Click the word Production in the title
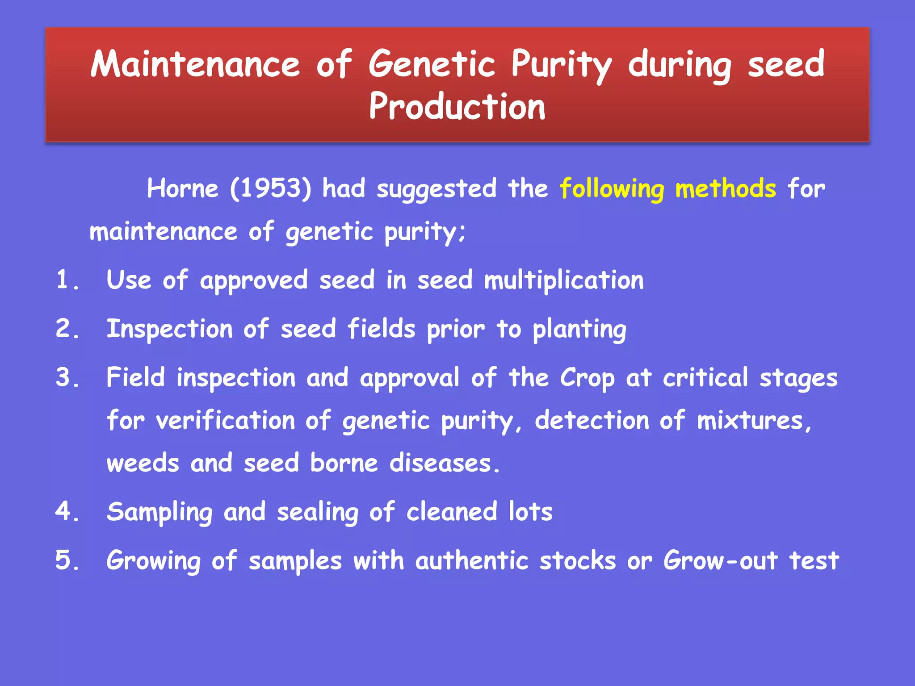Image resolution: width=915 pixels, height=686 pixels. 457,107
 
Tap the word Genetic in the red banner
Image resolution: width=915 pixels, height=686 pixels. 432,64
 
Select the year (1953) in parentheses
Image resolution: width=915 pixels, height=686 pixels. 270,188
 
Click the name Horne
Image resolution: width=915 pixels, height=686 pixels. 183,188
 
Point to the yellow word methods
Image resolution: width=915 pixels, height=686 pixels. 726,188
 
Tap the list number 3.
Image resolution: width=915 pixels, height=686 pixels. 67,378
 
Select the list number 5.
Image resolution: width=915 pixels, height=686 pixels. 67,561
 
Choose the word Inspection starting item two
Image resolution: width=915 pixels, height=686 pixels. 170,330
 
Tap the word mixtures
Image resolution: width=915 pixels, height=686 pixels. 754,421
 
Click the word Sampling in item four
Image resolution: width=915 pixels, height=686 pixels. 159,512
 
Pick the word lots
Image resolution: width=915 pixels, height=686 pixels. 530,512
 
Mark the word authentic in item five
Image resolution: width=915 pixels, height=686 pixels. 471,561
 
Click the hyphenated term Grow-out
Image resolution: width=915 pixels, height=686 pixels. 720,561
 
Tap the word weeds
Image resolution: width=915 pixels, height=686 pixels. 143,463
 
